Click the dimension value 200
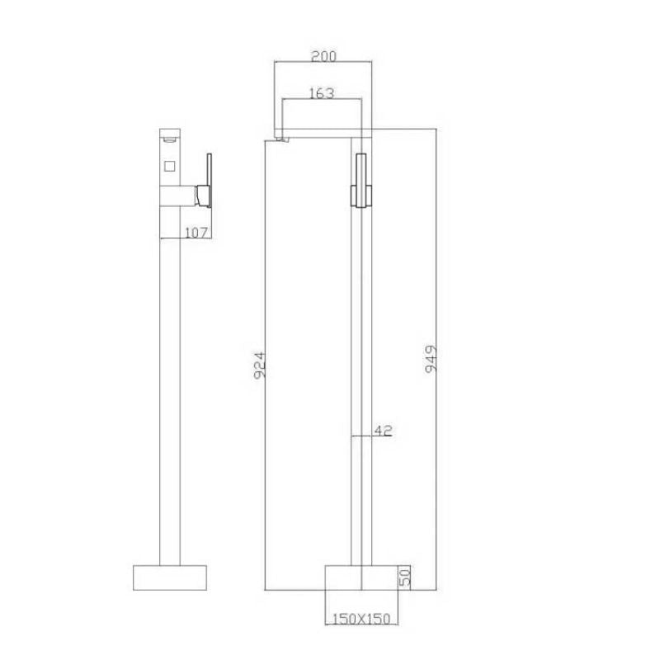(323, 56)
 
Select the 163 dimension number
(322, 94)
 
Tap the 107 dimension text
(196, 233)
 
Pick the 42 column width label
(383, 430)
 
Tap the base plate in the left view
(170, 577)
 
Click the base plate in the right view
(361, 577)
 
